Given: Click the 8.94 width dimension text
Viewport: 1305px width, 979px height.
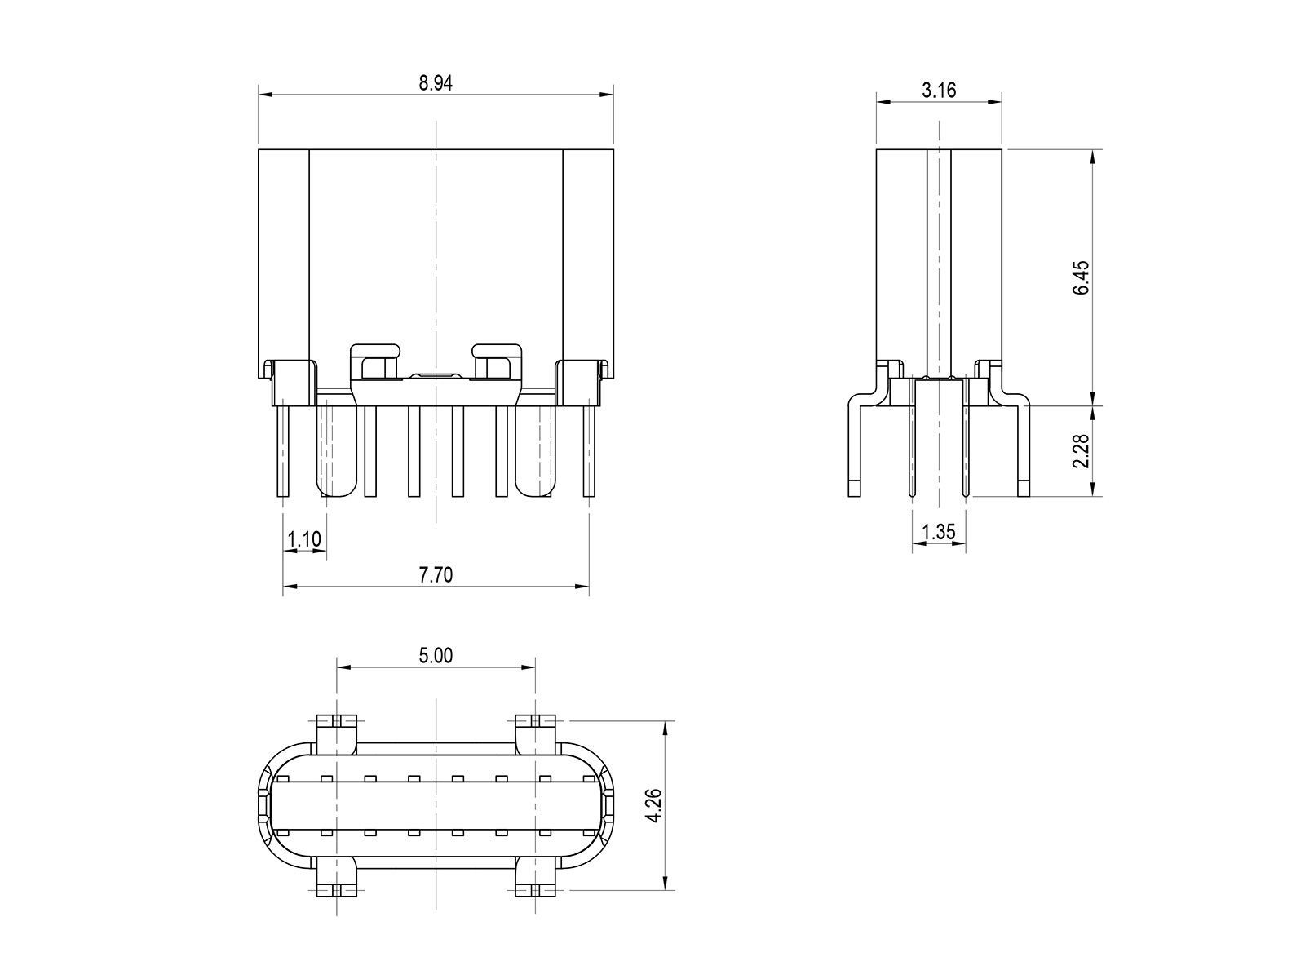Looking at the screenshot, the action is pos(436,83).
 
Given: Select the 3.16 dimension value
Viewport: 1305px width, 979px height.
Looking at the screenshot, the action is pos(939,91).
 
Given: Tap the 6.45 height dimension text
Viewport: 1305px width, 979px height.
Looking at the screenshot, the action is pos(1081,277).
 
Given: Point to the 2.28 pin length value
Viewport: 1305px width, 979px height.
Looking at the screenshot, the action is pos(1081,451).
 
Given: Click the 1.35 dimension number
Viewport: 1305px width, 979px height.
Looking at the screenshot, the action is pos(939,532).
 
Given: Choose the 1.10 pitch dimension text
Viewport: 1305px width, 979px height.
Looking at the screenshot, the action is pos(304,540).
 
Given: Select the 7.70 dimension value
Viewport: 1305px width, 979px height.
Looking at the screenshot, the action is pos(436,575).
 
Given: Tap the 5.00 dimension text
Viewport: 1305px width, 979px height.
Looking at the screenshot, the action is pos(436,656).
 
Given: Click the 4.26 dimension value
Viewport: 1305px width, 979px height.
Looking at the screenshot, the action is pos(653,805).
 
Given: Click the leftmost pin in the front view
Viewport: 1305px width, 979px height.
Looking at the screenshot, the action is pos(283,451).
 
